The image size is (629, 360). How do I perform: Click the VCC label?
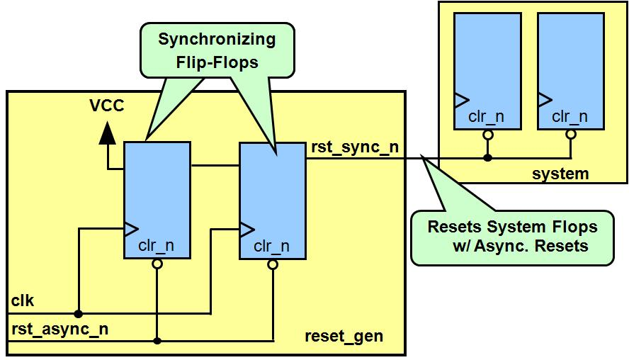tap(106, 106)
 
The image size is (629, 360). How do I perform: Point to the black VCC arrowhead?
tap(107, 133)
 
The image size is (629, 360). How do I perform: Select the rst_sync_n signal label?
tap(354, 147)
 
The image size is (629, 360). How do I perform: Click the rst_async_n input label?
tap(59, 329)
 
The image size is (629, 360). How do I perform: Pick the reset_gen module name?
tap(344, 336)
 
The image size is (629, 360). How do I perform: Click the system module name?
tap(560, 174)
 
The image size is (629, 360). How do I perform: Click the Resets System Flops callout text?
tap(512, 237)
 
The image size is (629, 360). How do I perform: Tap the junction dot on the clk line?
tap(79, 313)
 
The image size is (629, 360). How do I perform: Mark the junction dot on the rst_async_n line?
tap(157, 341)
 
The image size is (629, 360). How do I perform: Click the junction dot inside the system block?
tap(487, 157)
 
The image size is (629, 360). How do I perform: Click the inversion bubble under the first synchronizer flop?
tap(157, 264)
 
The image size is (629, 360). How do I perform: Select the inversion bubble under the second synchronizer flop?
tap(272, 264)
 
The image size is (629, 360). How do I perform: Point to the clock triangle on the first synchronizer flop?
tap(130, 228)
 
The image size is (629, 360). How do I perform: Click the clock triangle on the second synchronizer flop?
tap(246, 229)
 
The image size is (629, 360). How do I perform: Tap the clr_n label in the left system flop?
tap(487, 116)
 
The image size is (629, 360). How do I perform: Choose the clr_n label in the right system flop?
tap(570, 116)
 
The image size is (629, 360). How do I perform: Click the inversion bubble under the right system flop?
tap(571, 133)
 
